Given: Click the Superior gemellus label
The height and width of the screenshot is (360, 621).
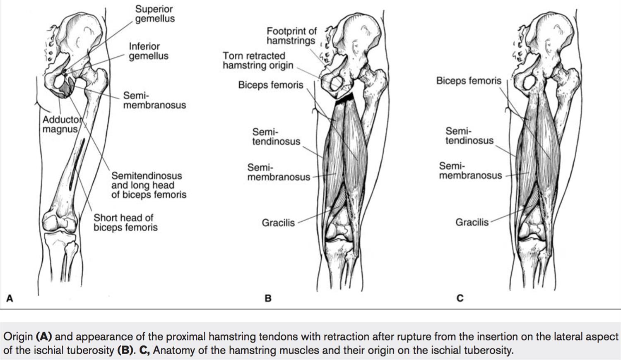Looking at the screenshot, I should tap(155, 14).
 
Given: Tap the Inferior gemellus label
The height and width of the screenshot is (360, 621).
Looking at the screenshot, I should tap(148, 51).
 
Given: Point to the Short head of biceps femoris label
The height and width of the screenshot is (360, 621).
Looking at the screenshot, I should tap(125, 222).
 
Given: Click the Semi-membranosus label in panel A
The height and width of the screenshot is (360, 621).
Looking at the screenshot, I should tap(154, 100).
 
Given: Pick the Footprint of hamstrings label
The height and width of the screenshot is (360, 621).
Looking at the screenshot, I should tap(291, 36).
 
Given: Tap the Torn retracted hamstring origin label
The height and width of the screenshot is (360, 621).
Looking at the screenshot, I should tap(258, 60).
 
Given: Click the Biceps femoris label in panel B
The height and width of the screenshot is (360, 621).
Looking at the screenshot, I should tap(270, 85).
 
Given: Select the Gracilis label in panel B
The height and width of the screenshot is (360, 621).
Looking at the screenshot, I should tap(278, 223).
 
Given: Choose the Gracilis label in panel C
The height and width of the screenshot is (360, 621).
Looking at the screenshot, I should tap(472, 222).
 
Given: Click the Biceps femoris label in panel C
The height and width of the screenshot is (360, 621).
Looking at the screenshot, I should tap(468, 81).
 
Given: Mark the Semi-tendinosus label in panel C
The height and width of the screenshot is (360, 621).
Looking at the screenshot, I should tap(469, 136).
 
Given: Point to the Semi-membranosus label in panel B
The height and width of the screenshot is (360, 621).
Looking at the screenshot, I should tap(278, 172).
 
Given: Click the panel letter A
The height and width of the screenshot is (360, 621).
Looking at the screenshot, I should tap(10, 298).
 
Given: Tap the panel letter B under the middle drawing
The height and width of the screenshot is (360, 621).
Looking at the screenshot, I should tap(268, 298).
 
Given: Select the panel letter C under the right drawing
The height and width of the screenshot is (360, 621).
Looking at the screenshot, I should tap(460, 298).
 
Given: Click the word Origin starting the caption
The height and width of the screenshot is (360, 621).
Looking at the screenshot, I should tap(18, 336).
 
